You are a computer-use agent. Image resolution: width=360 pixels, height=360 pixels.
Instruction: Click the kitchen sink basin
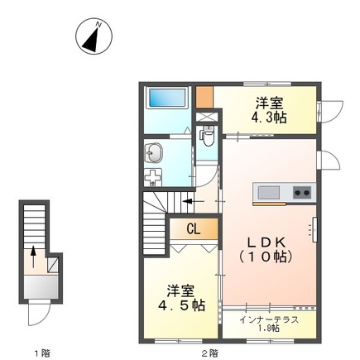click(x=270, y=192)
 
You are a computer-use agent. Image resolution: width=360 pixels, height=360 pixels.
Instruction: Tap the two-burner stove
click(x=301, y=193)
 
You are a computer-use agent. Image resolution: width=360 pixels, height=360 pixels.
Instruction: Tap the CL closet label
click(x=193, y=228)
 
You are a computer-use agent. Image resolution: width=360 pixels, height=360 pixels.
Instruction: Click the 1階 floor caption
click(x=41, y=353)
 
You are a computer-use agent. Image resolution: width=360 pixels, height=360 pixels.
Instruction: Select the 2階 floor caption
click(x=209, y=353)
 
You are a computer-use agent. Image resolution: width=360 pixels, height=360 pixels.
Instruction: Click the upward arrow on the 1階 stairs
click(x=33, y=252)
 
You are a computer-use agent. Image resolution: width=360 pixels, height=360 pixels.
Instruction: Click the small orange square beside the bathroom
click(x=205, y=95)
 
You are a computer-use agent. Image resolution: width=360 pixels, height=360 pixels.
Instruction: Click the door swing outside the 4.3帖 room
click(x=332, y=110)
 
